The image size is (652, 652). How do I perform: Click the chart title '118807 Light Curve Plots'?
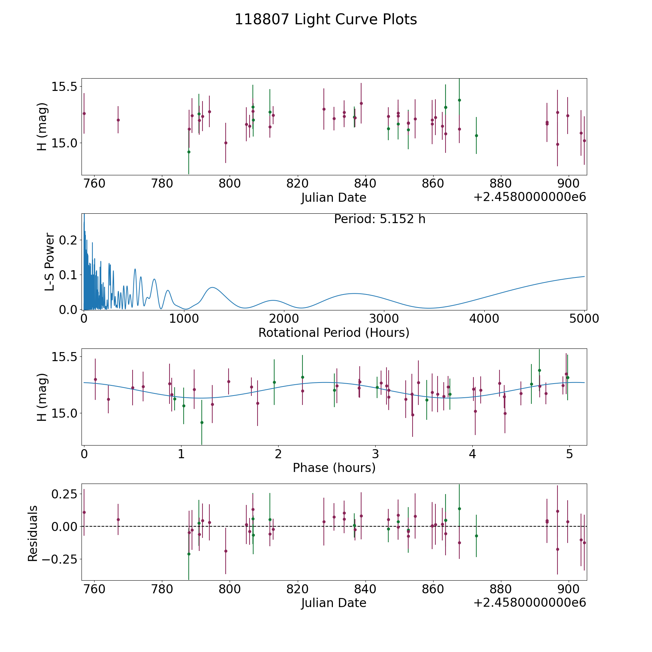click(x=326, y=20)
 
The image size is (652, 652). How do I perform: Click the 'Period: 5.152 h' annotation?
click(x=380, y=219)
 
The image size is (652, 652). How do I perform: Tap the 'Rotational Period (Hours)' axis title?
click(x=334, y=333)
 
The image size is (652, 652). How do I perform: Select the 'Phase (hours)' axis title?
click(x=334, y=468)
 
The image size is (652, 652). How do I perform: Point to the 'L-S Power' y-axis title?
click(x=50, y=262)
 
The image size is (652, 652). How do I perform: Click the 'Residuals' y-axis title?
click(x=33, y=533)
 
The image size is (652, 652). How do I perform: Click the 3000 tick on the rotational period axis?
click(x=384, y=319)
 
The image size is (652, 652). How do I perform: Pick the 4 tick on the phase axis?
click(x=472, y=454)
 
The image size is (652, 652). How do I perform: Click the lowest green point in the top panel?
click(x=189, y=152)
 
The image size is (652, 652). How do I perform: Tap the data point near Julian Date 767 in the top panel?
click(x=118, y=120)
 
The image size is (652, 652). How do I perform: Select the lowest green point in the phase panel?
click(x=202, y=422)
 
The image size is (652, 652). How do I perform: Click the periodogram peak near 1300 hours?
click(x=212, y=288)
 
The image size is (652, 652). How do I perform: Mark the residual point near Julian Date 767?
click(x=118, y=519)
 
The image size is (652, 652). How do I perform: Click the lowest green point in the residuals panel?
click(x=189, y=554)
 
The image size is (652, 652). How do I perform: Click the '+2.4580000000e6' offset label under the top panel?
click(x=530, y=197)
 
